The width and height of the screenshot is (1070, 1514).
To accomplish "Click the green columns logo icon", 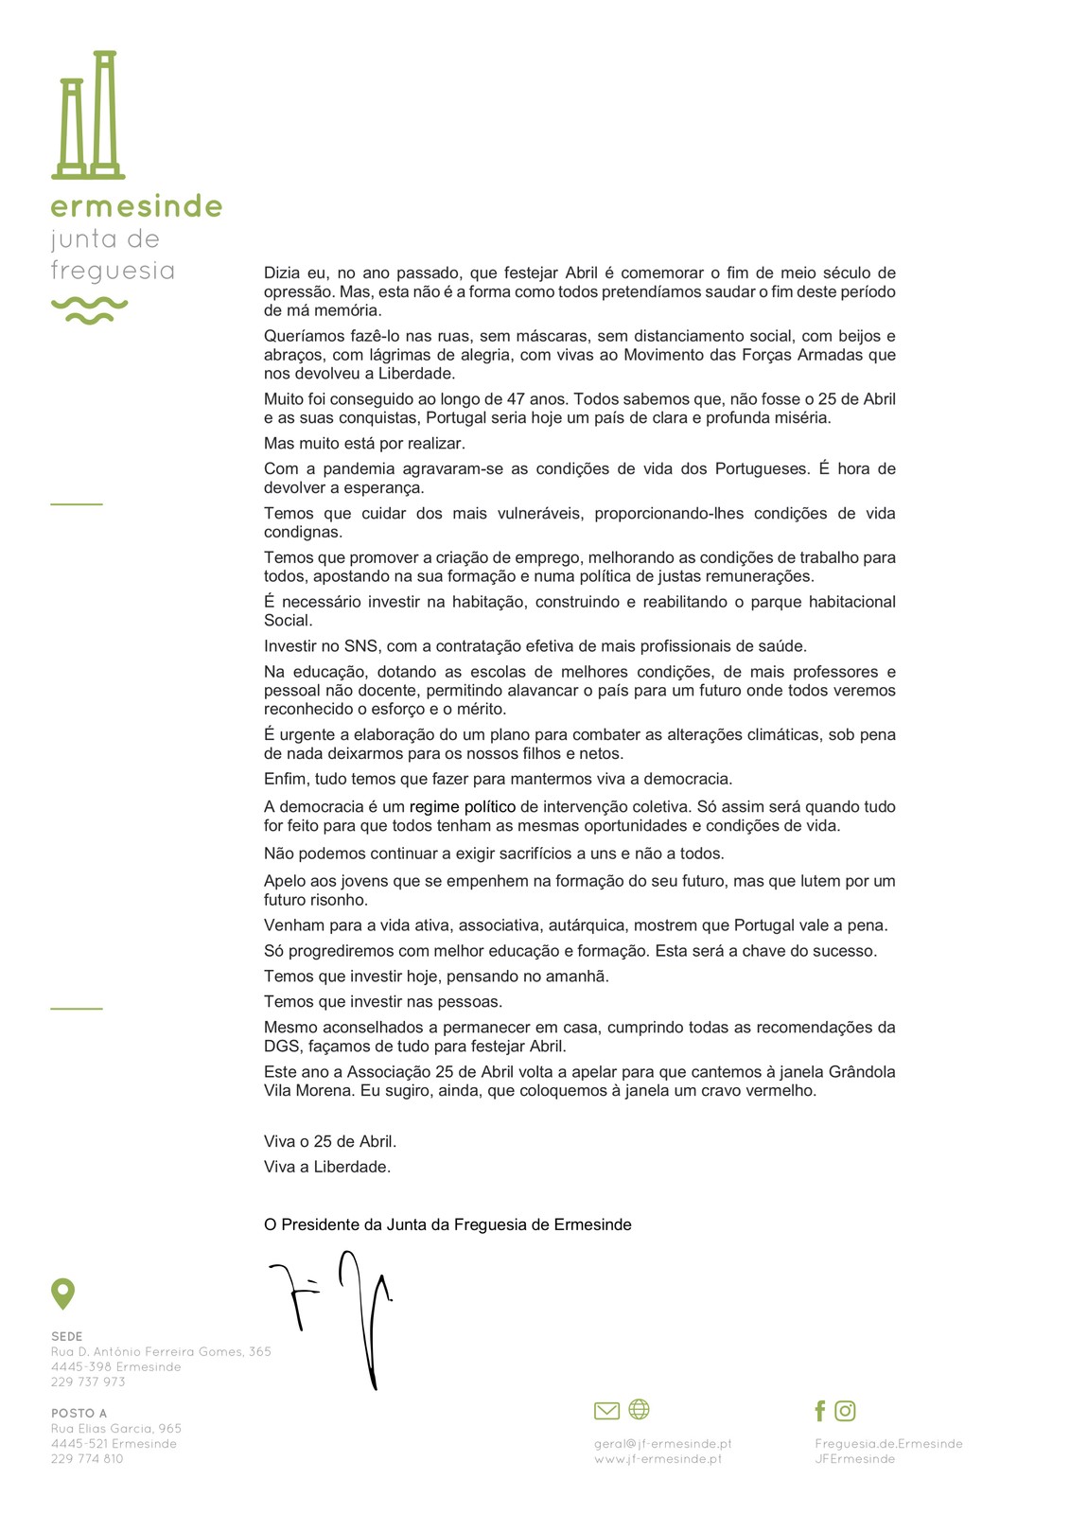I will (88, 115).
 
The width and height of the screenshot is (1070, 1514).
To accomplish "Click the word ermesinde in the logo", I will (136, 206).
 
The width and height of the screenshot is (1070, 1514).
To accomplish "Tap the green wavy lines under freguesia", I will (89, 309).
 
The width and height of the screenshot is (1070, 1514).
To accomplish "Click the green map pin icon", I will (62, 1293).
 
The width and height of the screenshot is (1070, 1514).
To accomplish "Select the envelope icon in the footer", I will (606, 1411).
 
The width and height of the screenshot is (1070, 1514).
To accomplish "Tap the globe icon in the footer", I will (640, 1409).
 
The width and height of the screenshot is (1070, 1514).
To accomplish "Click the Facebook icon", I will (819, 1411).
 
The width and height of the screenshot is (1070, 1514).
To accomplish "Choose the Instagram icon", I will (845, 1411).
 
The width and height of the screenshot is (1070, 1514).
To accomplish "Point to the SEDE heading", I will (67, 1336).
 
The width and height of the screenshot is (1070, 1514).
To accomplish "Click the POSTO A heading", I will (79, 1413).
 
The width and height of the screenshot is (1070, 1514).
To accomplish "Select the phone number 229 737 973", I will (88, 1382).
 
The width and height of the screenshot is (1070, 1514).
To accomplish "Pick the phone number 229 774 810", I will (87, 1458).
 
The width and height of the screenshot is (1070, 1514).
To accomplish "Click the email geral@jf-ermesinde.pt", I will (662, 1443).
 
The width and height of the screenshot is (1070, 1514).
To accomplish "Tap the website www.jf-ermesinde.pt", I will (658, 1458).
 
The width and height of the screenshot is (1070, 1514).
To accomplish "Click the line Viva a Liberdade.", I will (326, 1167).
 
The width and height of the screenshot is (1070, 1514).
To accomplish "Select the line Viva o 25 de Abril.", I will (329, 1141).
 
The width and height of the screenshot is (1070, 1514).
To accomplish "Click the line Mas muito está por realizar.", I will (364, 443).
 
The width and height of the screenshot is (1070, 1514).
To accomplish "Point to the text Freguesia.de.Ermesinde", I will (888, 1443).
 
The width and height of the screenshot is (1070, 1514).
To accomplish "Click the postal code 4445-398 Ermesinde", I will (115, 1366).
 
